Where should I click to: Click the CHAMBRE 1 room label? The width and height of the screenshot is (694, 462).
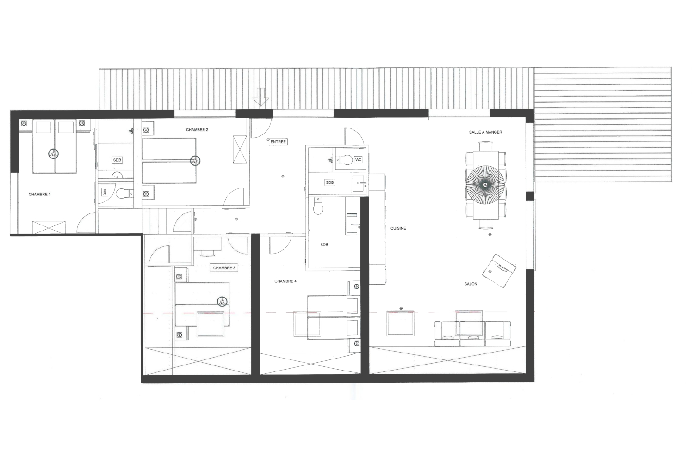coord(39,195)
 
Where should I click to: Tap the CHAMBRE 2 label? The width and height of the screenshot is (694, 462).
coord(197,130)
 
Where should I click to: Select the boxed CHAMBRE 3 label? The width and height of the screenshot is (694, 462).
coord(224,268)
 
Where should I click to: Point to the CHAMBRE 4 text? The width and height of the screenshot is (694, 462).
coord(285,281)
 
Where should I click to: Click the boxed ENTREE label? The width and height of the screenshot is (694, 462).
coord(278,142)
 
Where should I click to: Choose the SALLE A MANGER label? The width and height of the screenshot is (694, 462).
coord(485,132)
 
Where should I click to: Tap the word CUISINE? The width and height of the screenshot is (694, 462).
coord(398,228)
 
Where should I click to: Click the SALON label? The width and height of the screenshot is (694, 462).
coord(471,284)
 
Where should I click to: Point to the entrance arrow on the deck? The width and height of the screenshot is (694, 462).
coord(260,97)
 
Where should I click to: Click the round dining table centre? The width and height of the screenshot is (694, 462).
coord(485,185)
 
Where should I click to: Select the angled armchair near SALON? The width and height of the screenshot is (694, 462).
coord(499,271)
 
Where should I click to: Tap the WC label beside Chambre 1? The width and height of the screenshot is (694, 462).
coord(105,192)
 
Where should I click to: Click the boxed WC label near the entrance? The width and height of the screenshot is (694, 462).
coord(358,160)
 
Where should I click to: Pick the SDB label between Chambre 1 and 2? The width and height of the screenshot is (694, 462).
coord(117,160)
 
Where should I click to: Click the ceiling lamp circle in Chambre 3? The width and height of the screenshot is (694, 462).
coord(222,301)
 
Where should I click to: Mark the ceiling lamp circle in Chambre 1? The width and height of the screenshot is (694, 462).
coord(54,154)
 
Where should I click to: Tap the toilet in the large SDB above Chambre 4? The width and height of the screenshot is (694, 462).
coord(318,206)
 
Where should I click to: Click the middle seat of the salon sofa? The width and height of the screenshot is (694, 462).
coord(472,334)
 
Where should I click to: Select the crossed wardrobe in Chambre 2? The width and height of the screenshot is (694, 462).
coord(240,149)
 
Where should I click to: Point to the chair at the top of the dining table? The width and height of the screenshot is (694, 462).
coord(485,146)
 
